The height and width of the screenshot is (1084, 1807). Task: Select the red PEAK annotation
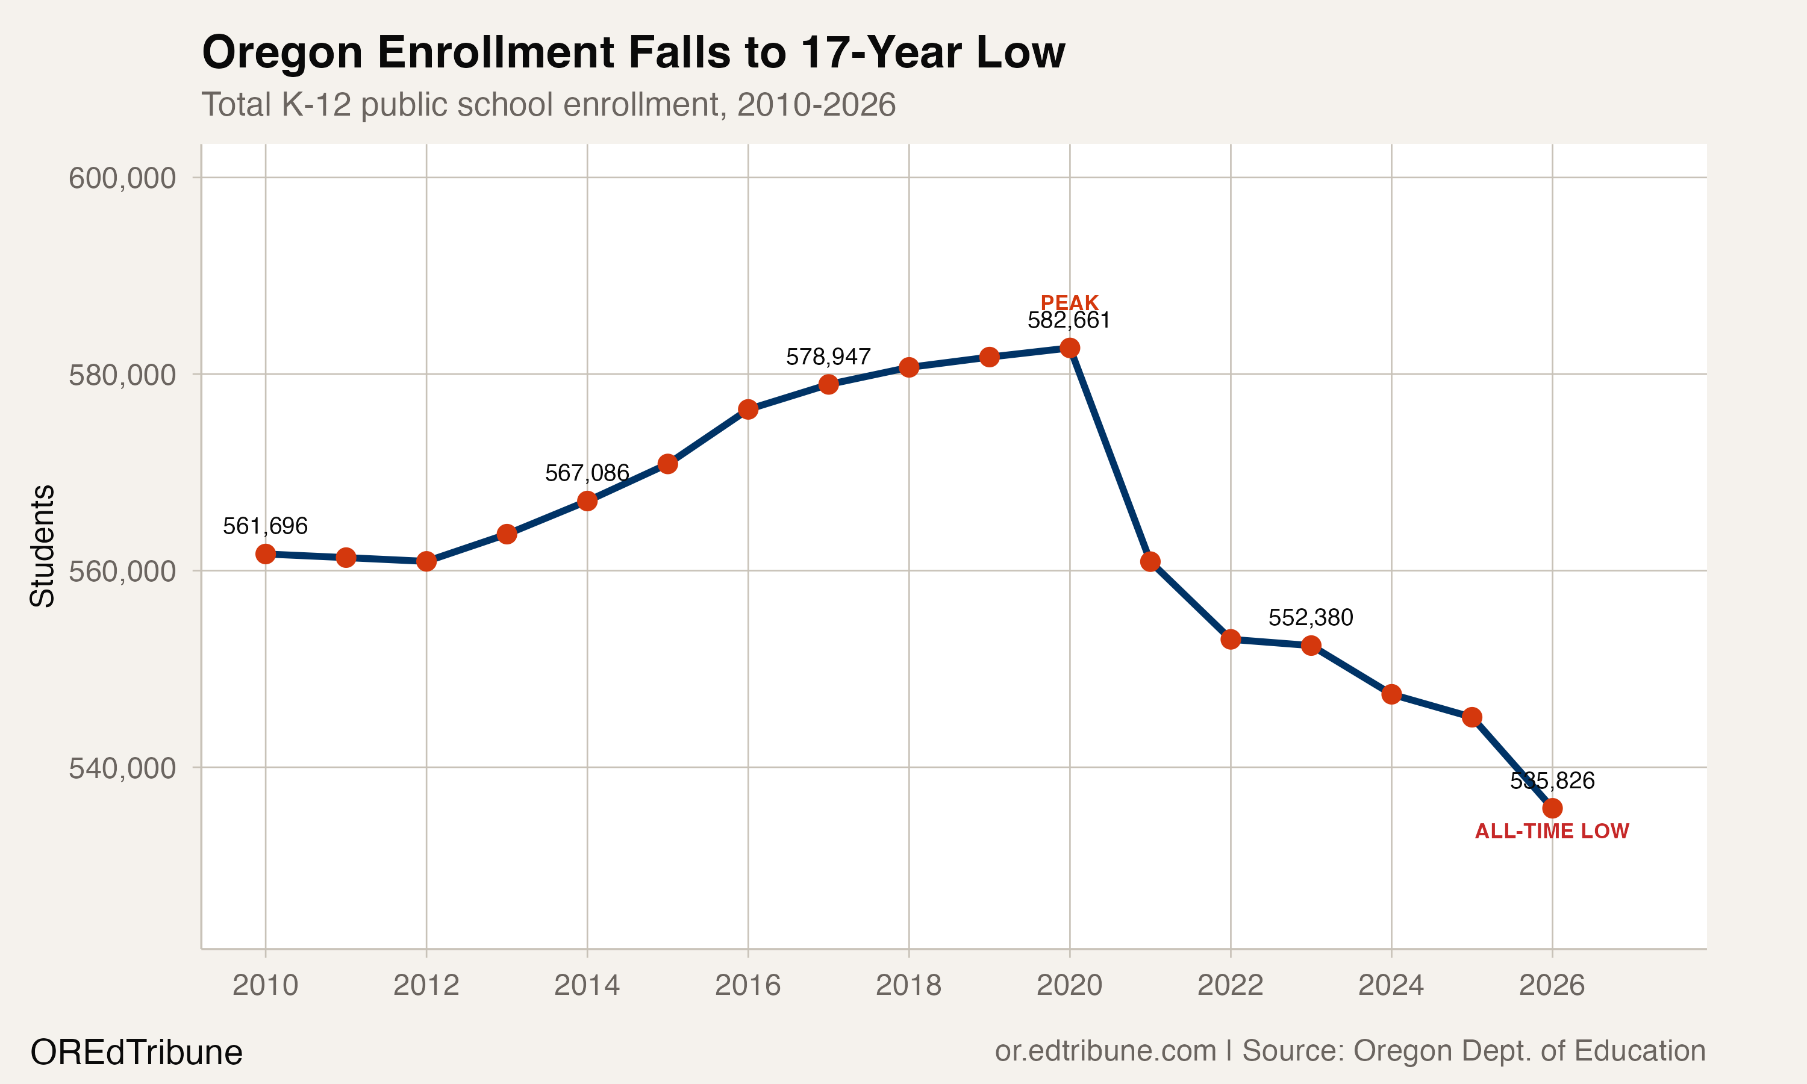[1069, 302]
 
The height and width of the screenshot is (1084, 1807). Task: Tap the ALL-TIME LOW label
[1552, 831]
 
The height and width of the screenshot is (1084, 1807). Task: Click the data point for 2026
[1552, 808]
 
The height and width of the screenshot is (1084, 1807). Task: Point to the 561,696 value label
[265, 526]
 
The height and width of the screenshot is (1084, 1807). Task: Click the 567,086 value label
[587, 473]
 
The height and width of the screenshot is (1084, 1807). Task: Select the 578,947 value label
[828, 357]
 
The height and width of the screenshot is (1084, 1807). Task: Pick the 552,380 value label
[1310, 618]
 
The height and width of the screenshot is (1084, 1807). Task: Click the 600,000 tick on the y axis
[122, 178]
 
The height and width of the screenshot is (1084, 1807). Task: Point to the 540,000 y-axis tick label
[122, 768]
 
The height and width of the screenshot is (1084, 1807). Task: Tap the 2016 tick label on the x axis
[748, 985]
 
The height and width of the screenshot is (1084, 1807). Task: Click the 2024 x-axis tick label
[1391, 985]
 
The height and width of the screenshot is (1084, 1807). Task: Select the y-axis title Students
[42, 546]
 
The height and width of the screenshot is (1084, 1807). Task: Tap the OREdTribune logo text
[136, 1053]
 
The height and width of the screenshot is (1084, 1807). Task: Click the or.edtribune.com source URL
[1105, 1050]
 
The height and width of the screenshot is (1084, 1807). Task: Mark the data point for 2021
[1150, 562]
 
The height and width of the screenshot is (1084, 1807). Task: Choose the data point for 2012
[426, 561]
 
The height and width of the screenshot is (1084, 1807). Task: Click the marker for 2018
[908, 367]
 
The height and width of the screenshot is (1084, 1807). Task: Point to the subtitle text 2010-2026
[816, 105]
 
